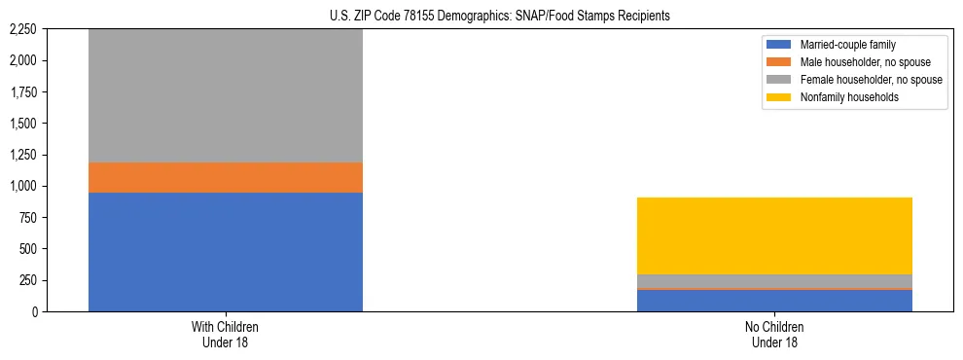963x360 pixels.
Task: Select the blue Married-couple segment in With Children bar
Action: (226, 251)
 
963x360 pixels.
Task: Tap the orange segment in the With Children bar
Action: (226, 177)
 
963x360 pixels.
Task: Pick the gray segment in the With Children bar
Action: (226, 95)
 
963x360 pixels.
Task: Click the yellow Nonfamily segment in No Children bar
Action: (774, 235)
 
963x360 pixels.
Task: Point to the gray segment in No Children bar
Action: (774, 280)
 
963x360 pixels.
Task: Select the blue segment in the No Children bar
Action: (774, 301)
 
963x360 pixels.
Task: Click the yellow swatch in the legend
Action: (780, 96)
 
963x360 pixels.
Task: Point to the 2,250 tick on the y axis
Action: (20, 29)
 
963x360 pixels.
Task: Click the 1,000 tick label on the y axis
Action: (20, 186)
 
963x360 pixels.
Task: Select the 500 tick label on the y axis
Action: (26, 249)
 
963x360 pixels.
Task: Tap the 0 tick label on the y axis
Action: (32, 311)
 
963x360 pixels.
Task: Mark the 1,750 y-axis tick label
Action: (20, 92)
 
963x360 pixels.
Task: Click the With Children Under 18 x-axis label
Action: (226, 334)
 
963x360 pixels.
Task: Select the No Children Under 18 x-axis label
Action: (774, 334)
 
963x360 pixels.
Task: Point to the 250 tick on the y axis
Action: (26, 280)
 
